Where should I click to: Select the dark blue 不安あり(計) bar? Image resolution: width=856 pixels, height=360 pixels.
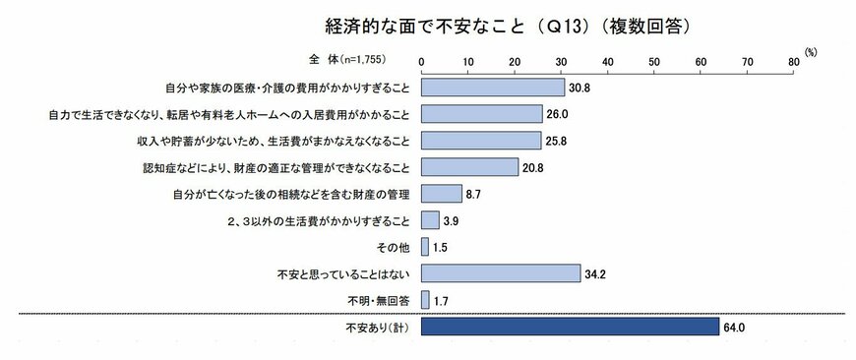(570, 327)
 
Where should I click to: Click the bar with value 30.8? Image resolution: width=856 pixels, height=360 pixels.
(493, 88)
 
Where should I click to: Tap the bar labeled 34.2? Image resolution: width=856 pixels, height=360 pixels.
(501, 272)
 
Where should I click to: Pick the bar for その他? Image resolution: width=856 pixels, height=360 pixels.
(425, 246)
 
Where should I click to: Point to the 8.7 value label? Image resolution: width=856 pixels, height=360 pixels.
(473, 194)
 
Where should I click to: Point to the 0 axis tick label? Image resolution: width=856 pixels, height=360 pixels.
(421, 62)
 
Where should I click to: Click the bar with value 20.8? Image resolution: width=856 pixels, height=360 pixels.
(469, 167)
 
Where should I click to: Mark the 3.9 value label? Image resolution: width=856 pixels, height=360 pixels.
(451, 220)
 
